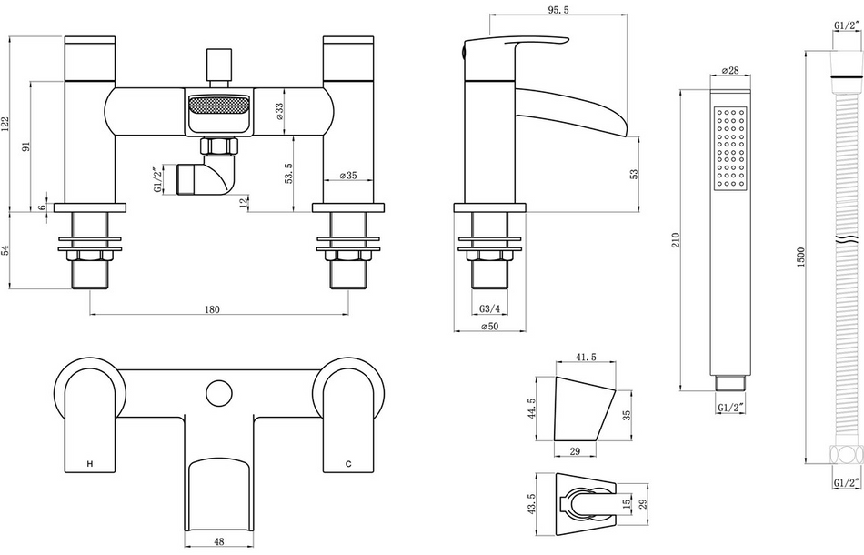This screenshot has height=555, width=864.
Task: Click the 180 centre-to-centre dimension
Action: pyautogui.click(x=211, y=309)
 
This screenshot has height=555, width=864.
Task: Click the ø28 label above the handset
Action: pyautogui.click(x=728, y=71)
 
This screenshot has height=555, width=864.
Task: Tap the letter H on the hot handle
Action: pyautogui.click(x=88, y=464)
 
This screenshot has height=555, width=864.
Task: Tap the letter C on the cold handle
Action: pyautogui.click(x=347, y=464)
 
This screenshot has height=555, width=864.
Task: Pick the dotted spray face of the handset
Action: pyautogui.click(x=731, y=148)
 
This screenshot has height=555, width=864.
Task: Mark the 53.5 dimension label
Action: pyautogui.click(x=288, y=174)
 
